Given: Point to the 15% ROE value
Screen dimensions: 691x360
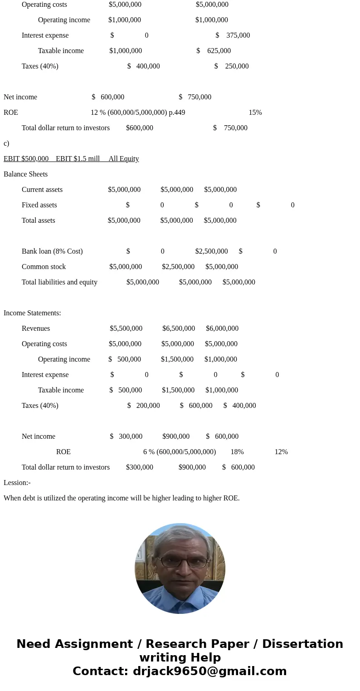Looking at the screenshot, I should (255, 113).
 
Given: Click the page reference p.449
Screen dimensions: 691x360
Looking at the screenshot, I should (177, 113).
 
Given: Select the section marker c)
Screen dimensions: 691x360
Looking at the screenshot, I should (6, 143).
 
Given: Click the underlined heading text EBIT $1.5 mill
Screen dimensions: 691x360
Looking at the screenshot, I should (78, 159).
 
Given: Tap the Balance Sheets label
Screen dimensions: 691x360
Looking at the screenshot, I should (25, 174).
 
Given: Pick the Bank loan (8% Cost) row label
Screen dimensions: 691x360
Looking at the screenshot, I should (52, 251).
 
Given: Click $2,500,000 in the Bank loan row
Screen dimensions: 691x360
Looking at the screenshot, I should (211, 251).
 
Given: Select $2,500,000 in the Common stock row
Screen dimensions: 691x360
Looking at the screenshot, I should (178, 267).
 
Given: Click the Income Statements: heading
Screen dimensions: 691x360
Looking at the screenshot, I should (32, 313).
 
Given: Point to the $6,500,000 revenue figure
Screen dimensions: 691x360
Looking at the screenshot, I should (179, 328).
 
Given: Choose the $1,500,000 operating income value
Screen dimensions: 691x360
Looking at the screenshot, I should (177, 359).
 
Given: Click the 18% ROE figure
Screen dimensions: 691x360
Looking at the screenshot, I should (237, 452).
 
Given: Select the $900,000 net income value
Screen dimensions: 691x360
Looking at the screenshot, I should (176, 436).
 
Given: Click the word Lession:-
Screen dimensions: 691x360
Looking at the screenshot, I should (17, 483).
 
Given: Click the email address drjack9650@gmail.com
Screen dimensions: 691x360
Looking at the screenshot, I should (209, 671).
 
